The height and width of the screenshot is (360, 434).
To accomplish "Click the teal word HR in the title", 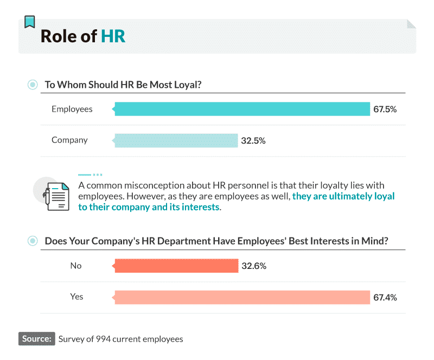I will pyautogui.click(x=113, y=36).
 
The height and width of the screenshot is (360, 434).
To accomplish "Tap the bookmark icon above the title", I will pyautogui.click(x=30, y=22).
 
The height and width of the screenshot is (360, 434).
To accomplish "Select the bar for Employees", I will pyautogui.click(x=241, y=109).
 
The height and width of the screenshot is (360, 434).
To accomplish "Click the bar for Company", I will pyautogui.click(x=176, y=140).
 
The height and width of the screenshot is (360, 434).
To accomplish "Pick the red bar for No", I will pyautogui.click(x=176, y=266).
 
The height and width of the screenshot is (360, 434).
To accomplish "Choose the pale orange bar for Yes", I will pyautogui.click(x=241, y=297).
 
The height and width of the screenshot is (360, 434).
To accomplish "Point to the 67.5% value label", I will pyautogui.click(x=385, y=109).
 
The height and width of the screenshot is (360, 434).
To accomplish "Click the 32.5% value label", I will pyautogui.click(x=253, y=140).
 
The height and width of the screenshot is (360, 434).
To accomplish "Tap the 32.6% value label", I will pyautogui.click(x=253, y=266).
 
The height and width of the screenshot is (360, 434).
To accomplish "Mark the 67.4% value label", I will pyautogui.click(x=385, y=297).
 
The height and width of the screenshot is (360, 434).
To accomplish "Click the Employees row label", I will pyautogui.click(x=72, y=109).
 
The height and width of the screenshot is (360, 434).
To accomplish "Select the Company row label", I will pyautogui.click(x=69, y=140).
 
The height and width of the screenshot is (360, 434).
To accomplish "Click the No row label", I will pyautogui.click(x=76, y=266).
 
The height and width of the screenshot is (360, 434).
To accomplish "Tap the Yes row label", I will pyautogui.click(x=76, y=297).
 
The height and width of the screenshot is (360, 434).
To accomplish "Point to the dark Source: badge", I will pyautogui.click(x=37, y=339).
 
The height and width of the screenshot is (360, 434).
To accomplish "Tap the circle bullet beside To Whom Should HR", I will pyautogui.click(x=33, y=85).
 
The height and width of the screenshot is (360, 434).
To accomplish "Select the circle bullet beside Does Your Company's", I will pyautogui.click(x=33, y=241).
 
